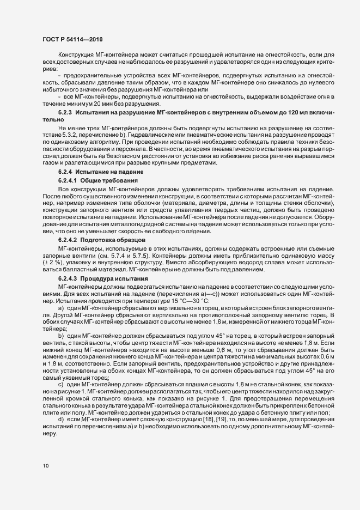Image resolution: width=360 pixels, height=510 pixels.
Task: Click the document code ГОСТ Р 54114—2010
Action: click(72, 40)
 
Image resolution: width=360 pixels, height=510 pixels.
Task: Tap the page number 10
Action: click(45, 466)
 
